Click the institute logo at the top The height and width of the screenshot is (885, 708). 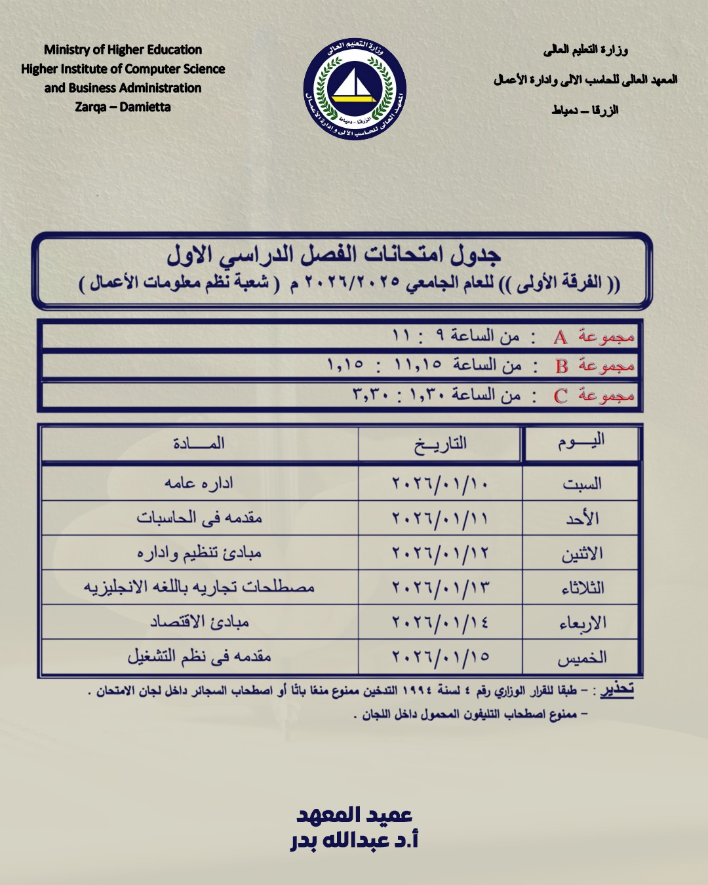355,89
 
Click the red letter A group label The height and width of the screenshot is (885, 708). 560,338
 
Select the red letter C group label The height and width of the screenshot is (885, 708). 560,396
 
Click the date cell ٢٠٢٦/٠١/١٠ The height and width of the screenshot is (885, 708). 440,484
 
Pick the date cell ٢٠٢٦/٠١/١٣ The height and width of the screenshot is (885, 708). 440,587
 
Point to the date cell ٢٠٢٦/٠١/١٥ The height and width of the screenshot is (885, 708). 440,657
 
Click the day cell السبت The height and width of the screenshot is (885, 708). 582,484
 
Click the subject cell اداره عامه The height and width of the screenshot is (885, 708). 199,483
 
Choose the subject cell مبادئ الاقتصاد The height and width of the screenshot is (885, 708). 199,621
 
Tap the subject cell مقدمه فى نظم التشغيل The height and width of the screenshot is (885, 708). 199,656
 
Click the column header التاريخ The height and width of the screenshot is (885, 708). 440,444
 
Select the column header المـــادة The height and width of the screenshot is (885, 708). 199,444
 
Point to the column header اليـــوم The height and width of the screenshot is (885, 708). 581,442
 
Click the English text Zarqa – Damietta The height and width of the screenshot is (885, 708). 123,107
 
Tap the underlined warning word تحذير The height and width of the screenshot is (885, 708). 617,690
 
